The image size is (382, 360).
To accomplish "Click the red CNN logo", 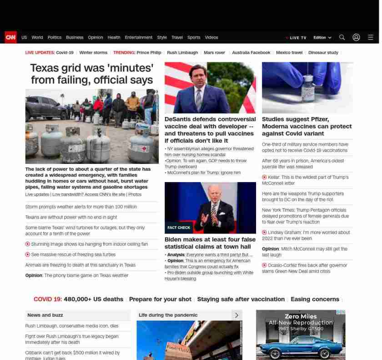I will tap(10, 37).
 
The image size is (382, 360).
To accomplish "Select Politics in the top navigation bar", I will tap(55, 37).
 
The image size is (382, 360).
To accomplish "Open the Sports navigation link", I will tap(194, 37).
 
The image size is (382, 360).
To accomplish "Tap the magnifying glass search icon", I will tap(342, 37).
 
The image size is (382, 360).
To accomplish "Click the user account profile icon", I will tap(356, 37).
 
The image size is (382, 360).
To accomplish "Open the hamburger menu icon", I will tap(371, 37).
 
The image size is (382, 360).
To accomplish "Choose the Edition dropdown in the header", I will tap(322, 37).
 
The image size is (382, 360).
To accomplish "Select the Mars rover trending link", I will tap(214, 53).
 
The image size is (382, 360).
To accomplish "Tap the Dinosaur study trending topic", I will tap(323, 53).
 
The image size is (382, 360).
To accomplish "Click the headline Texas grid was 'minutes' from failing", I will tap(92, 74).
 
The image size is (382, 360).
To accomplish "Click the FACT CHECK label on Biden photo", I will tap(179, 228).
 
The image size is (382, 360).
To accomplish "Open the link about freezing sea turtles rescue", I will tap(73, 254).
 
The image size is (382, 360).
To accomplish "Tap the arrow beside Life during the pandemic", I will tap(236, 315).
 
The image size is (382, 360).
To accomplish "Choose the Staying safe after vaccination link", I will tap(241, 299).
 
